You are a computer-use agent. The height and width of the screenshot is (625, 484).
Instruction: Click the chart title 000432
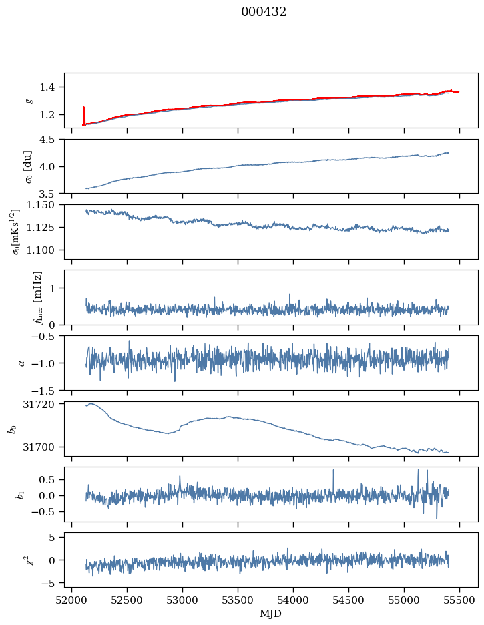click(264, 12)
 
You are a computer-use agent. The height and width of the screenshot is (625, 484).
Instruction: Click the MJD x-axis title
click(271, 614)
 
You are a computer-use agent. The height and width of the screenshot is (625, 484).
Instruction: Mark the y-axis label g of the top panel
click(29, 100)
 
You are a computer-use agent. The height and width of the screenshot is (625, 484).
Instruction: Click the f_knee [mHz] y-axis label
click(37, 297)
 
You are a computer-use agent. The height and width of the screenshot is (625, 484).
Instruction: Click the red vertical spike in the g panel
click(83, 115)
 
